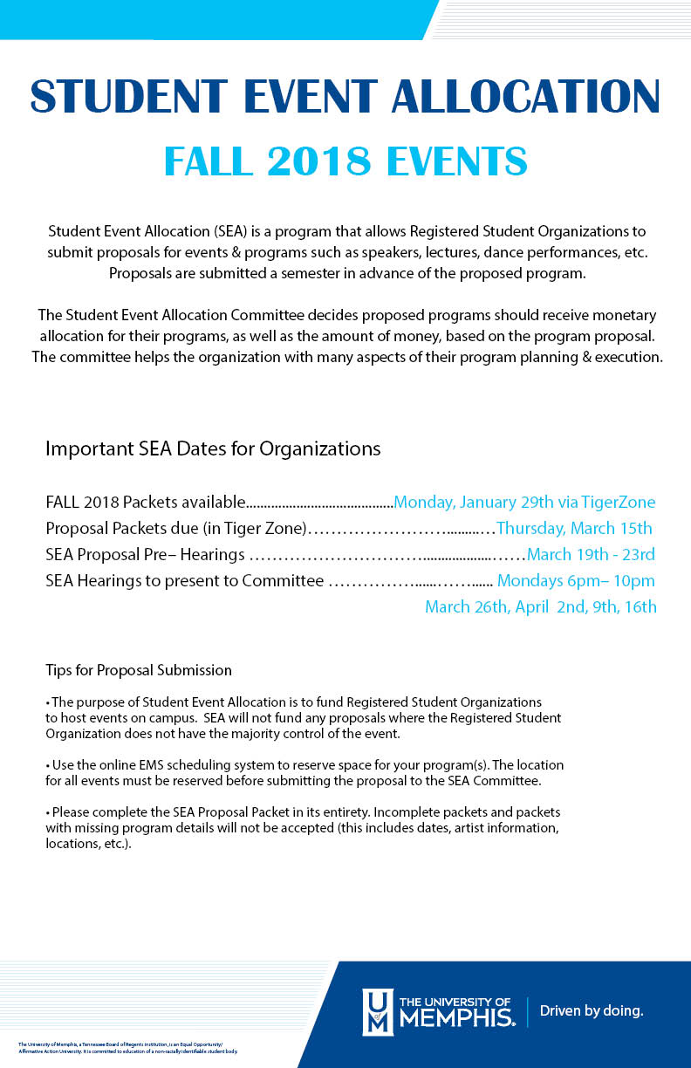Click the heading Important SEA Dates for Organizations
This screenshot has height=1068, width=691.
coord(213,449)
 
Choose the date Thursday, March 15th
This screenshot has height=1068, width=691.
coord(574,529)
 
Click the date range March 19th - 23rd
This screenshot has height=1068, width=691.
coord(591,555)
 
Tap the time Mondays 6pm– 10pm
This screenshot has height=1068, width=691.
coord(576,581)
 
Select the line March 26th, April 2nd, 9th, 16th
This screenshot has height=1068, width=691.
coord(540,607)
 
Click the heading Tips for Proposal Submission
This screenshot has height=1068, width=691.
coord(139,671)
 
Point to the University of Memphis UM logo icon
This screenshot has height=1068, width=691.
coord(378,1011)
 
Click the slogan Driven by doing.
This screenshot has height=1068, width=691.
coord(592,1011)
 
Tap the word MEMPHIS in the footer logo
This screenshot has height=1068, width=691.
coord(455,1017)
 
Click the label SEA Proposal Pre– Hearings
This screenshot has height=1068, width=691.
coord(145,555)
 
